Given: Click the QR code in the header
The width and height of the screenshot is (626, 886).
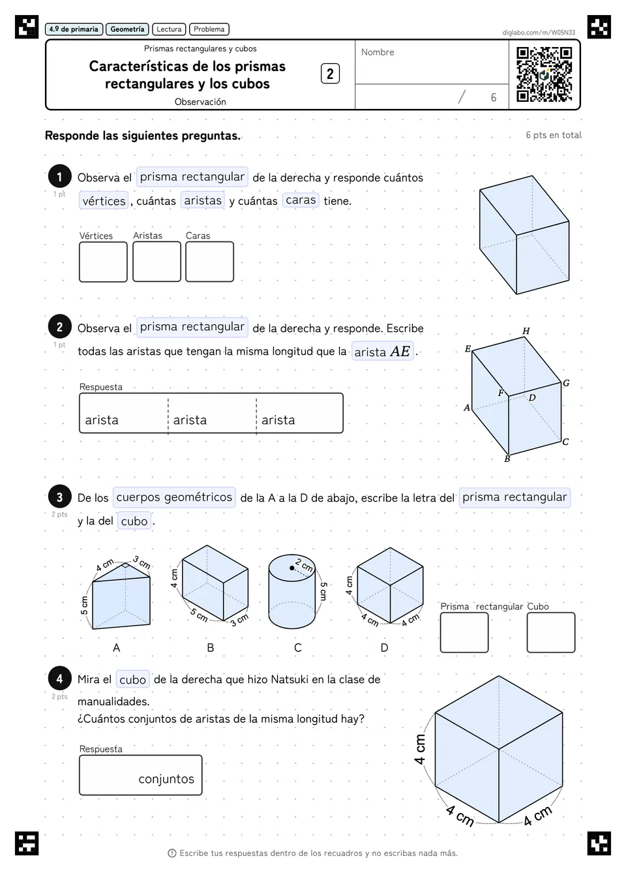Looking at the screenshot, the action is tap(544, 74).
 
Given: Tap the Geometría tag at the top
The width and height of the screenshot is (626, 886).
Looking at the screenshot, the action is tap(127, 29).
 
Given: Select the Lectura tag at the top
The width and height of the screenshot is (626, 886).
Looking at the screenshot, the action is tap(169, 29).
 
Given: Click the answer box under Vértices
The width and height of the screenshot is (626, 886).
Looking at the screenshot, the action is tap(103, 262).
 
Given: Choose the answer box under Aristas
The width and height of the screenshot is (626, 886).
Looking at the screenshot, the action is tap(157, 262).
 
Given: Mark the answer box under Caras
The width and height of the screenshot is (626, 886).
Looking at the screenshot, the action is tap(209, 262).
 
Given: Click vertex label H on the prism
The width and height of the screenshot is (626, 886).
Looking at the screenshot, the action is tap(526, 331).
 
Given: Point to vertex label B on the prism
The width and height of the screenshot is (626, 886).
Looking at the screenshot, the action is tap(507, 459).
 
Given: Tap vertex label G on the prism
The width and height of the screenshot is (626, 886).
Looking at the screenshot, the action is tap(566, 383).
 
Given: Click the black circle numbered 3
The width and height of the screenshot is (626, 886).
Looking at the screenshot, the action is tap(60, 496).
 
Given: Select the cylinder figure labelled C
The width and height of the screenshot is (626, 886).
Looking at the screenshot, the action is tap(291, 591).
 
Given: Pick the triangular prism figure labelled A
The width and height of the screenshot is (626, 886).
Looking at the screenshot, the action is tap(121, 595).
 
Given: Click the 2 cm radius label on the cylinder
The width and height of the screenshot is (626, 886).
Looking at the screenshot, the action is tap(304, 565).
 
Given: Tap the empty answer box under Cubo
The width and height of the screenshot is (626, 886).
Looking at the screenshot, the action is tap(551, 632).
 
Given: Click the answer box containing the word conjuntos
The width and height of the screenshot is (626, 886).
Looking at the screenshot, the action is tap(141, 775).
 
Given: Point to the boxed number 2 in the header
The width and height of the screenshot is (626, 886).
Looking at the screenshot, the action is tap(330, 74).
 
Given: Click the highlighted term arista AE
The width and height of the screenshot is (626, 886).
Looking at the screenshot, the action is tap(383, 351).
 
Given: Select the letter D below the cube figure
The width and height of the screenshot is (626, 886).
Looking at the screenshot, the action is tap(384, 647).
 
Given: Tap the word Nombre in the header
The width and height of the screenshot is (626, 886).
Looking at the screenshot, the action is tap(378, 52).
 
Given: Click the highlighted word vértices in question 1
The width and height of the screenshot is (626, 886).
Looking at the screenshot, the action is tap(104, 200).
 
